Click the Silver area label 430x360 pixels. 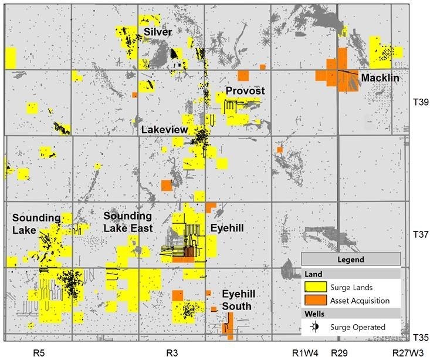point(157,32)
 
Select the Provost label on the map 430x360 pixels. point(245,91)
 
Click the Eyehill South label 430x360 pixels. point(236,300)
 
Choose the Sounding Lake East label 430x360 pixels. point(128,222)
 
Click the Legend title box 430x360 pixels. point(351,259)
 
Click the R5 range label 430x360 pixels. point(39,353)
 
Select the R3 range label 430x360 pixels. point(172,353)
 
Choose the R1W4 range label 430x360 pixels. point(305,353)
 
